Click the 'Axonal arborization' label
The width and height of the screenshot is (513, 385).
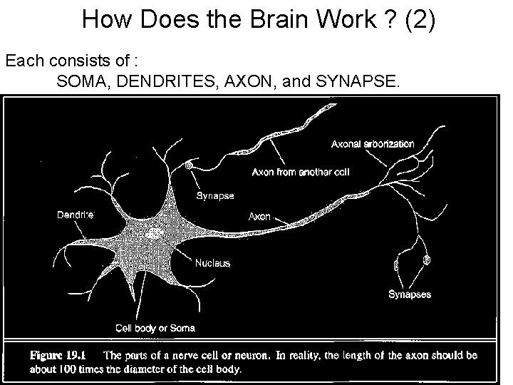click(373, 144)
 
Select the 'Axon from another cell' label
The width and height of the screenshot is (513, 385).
click(301, 172)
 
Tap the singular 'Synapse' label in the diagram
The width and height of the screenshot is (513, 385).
click(214, 195)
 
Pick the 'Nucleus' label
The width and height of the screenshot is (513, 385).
click(213, 263)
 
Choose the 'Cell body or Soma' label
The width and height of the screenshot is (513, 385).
click(155, 328)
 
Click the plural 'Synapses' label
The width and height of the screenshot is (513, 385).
click(409, 294)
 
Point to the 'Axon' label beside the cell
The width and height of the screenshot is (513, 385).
click(259, 216)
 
